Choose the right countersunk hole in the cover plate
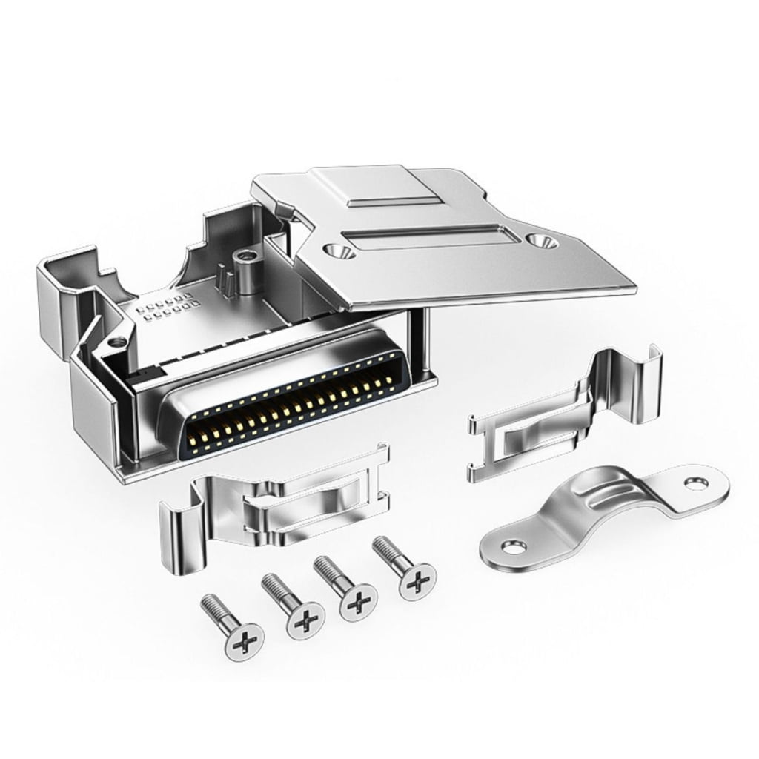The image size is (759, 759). (540, 239)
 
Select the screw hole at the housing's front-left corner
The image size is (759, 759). (116, 342)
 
